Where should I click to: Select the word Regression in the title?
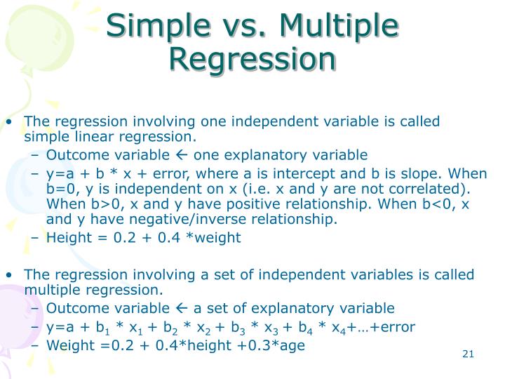click(252, 60)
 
